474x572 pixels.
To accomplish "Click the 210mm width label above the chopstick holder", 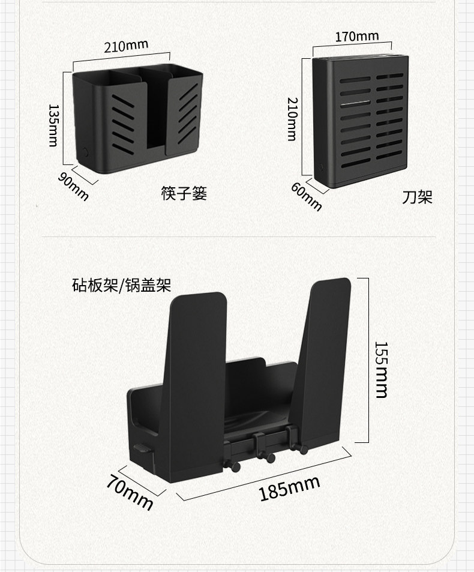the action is (x=126, y=46).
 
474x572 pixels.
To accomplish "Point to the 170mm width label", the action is (x=357, y=37).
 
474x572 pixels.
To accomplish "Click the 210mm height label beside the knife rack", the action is (x=292, y=119).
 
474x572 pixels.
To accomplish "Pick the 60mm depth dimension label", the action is (x=307, y=196).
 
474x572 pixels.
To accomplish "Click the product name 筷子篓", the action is (x=184, y=194).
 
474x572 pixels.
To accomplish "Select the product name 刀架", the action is (x=417, y=197).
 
